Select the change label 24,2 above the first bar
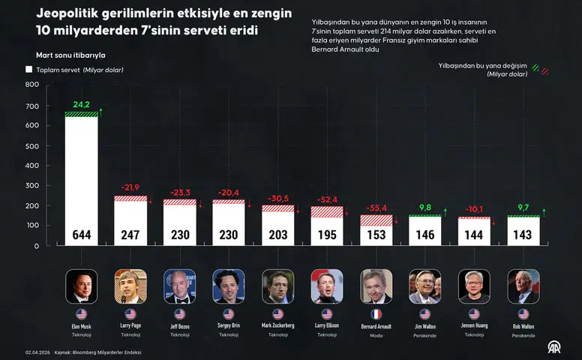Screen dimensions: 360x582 (81, 104)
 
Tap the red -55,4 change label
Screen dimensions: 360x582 (376, 207)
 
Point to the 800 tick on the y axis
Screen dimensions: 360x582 (32, 85)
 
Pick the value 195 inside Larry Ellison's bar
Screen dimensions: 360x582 (326, 235)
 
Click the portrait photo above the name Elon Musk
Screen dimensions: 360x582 (81, 286)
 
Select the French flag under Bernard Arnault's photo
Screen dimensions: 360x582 (376, 314)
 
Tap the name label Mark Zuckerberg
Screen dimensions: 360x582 (277, 326)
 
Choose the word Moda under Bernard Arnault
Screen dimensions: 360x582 (376, 335)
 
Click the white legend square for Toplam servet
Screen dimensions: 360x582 (29, 69)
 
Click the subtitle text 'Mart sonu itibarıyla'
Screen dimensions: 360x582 (70, 55)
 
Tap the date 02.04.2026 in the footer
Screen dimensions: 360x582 (37, 352)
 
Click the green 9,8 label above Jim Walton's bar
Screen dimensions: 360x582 (424, 208)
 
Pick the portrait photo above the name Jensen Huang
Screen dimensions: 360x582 (474, 286)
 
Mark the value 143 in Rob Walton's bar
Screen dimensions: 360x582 (523, 235)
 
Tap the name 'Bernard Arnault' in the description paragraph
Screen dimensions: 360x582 (337, 49)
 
